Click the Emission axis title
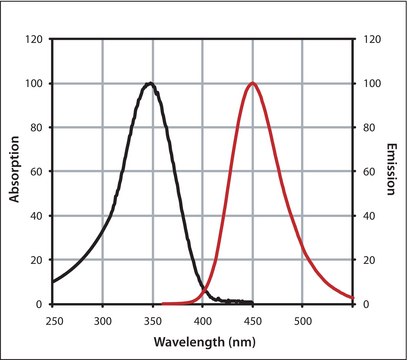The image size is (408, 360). tap(393, 172)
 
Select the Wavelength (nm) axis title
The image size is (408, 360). tap(202, 340)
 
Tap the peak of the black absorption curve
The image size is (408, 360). tap(150, 84)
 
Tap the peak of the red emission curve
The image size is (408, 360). tap(251, 84)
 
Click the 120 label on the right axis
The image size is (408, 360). tap(369, 40)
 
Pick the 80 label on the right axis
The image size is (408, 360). tap(366, 128)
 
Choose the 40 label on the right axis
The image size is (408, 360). tap(366, 216)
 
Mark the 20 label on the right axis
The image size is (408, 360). tap(366, 260)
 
